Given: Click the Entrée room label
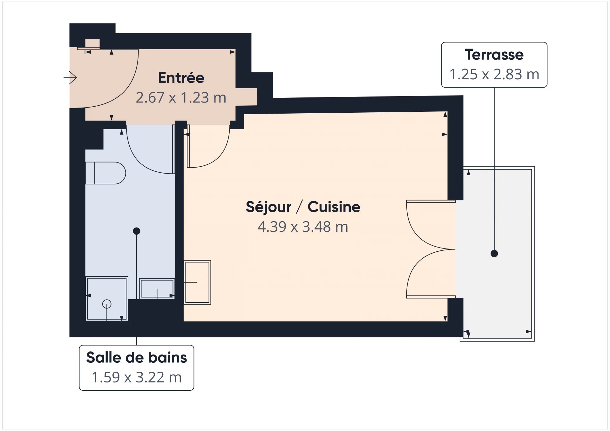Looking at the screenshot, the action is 181,78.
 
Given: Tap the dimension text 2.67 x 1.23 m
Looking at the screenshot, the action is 181,98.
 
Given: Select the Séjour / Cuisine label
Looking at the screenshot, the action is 303,207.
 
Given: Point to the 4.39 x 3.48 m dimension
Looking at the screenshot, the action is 303,227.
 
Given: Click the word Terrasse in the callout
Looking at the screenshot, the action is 494,55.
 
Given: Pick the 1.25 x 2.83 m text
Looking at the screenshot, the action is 494,75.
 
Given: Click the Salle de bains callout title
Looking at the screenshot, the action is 137,358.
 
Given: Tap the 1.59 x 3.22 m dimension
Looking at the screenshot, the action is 137,378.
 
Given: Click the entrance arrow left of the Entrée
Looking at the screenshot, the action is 70,77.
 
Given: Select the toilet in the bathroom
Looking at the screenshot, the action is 105,173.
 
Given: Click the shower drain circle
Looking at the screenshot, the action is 107,304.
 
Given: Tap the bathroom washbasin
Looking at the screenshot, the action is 157,288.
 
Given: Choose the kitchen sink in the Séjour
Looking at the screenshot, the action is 197,282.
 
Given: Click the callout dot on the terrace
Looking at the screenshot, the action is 494,254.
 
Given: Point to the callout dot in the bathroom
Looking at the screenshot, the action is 137,231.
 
